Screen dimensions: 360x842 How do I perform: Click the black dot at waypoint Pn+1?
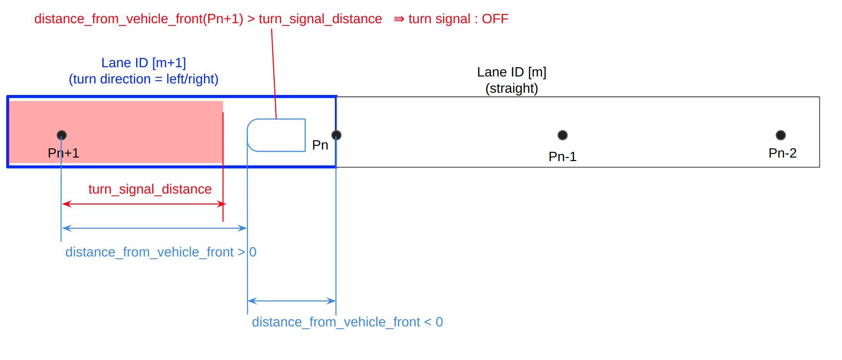pyautogui.click(x=62, y=135)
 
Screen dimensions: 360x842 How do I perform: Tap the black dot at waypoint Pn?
pyautogui.click(x=336, y=135)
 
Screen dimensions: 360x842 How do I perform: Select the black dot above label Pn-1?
pyautogui.click(x=562, y=135)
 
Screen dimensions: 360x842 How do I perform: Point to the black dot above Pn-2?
pyautogui.click(x=781, y=135)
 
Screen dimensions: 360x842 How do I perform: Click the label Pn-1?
pyautogui.click(x=562, y=156)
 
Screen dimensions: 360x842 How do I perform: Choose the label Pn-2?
pyautogui.click(x=782, y=153)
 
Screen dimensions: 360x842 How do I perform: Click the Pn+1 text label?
pyautogui.click(x=63, y=153)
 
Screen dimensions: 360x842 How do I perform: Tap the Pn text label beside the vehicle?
pyautogui.click(x=320, y=145)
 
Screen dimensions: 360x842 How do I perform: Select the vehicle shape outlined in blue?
pyautogui.click(x=276, y=135)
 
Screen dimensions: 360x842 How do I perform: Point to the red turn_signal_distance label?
pyautogui.click(x=150, y=189)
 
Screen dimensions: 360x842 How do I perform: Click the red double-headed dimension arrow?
pyautogui.click(x=144, y=204)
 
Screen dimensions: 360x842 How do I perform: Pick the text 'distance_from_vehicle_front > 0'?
pyautogui.click(x=161, y=252)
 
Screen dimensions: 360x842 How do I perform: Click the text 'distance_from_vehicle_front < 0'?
pyautogui.click(x=347, y=322)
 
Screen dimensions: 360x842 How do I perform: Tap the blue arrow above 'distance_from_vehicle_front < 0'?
pyautogui.click(x=292, y=301)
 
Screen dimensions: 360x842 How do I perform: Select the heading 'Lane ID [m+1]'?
pyautogui.click(x=144, y=63)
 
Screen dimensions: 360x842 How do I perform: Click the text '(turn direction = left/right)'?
pyautogui.click(x=144, y=79)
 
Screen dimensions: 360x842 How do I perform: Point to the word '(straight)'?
pyautogui.click(x=511, y=88)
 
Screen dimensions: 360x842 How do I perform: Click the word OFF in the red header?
pyautogui.click(x=495, y=19)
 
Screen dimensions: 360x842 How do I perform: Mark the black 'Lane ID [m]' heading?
pyautogui.click(x=511, y=72)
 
